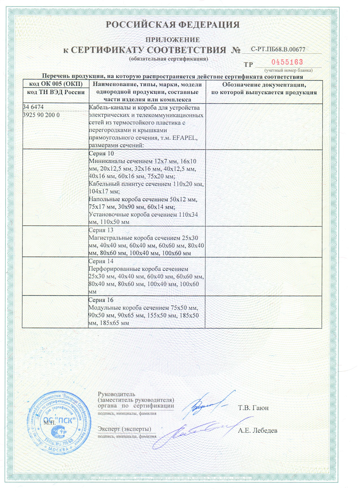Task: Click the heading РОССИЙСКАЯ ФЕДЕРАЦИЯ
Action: [172, 25]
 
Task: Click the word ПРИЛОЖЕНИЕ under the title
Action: [172, 40]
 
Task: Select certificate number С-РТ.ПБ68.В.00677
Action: [278, 49]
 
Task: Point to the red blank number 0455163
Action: [287, 62]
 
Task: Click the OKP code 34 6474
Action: [33, 107]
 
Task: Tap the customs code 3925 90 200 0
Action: [41, 115]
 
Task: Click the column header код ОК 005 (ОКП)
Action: [56, 84]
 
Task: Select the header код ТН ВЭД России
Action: [56, 92]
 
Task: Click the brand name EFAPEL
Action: [185, 138]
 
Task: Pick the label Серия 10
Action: [101, 154]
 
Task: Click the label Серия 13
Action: [101, 230]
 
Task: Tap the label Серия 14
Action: [101, 261]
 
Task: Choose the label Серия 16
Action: [101, 300]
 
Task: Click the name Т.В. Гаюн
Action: [253, 408]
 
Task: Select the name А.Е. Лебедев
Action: [257, 431]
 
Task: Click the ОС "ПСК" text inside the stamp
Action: [60, 420]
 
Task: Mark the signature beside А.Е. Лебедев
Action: [195, 432]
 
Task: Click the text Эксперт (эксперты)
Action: [124, 429]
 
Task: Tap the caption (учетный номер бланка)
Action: [288, 70]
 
